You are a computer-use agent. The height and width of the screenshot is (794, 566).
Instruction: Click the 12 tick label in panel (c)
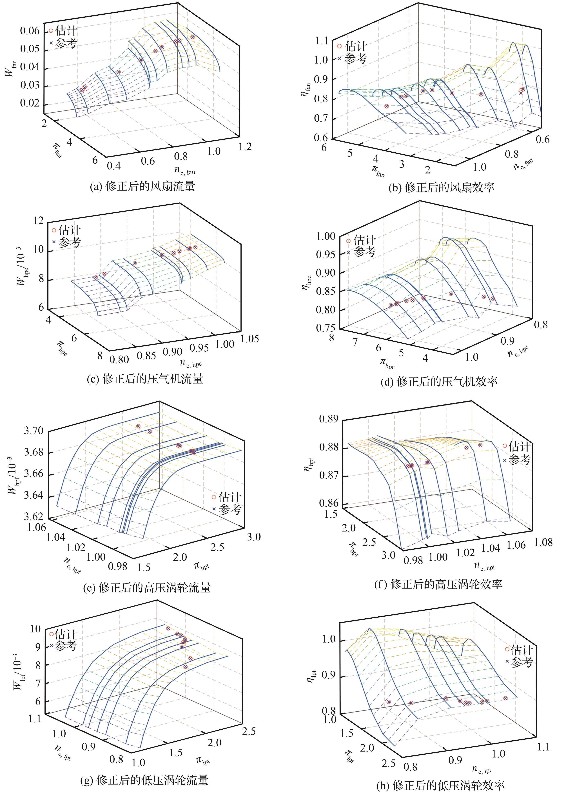pos(37,221)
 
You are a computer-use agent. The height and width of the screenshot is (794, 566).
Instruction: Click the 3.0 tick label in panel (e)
pos(254,537)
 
